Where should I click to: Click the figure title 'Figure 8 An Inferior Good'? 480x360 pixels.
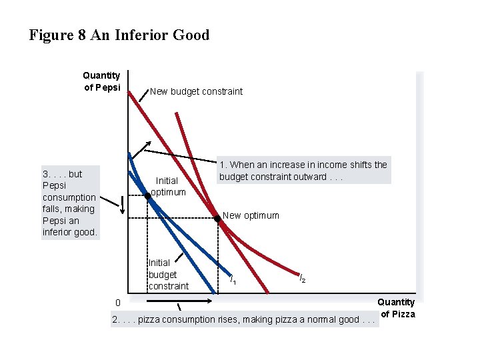119,35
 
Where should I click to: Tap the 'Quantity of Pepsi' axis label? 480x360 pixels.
101,81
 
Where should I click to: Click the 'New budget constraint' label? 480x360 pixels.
196,91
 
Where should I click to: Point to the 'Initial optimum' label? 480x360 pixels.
167,186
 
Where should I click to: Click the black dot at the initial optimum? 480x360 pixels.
148,195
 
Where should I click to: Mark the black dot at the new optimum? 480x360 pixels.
217,218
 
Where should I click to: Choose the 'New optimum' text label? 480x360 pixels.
251,215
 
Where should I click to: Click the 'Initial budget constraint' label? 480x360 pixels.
168,274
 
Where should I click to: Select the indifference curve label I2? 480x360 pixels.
302,279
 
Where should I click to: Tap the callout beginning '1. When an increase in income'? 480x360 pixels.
303,171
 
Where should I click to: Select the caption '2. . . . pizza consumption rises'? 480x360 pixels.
244,319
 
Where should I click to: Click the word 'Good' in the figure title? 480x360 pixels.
192,35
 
